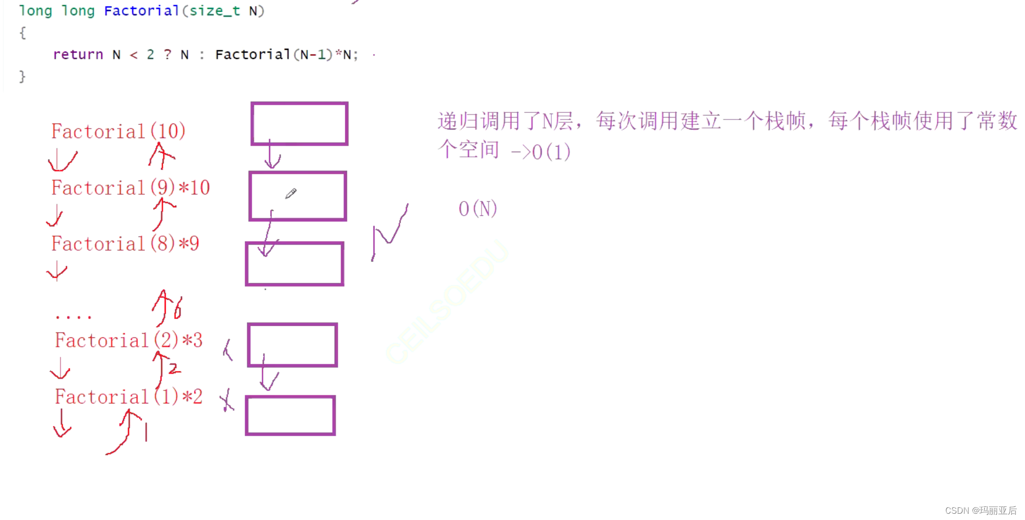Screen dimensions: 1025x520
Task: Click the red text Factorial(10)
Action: pyautogui.click(x=118, y=131)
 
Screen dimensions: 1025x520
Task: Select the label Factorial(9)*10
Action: pyautogui.click(x=130, y=188)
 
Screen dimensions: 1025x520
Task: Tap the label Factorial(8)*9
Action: pyautogui.click(x=125, y=244)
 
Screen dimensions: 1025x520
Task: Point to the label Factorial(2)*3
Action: pyautogui.click(x=129, y=341)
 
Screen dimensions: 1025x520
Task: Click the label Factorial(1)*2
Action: pyautogui.click(x=129, y=397)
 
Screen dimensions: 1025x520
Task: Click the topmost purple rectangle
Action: pyautogui.click(x=300, y=124)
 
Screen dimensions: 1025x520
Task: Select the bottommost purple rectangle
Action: pyautogui.click(x=290, y=416)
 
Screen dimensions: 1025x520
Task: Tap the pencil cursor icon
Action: pyautogui.click(x=291, y=194)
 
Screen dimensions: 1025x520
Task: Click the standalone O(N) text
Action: pyautogui.click(x=477, y=209)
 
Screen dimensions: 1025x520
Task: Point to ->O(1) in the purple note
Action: pyautogui.click(x=541, y=152)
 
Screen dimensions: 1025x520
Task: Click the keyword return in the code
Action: pyautogui.click(x=78, y=55)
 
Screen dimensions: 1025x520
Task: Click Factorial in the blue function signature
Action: pyautogui.click(x=142, y=11)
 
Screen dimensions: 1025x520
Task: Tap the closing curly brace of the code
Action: pyautogui.click(x=22, y=77)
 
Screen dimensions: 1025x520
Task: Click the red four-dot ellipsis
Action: pyautogui.click(x=73, y=316)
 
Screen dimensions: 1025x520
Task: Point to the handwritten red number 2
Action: pyautogui.click(x=174, y=368)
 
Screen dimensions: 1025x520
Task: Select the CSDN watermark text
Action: pyautogui.click(x=980, y=511)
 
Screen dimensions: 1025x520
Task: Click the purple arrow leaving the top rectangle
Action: pyautogui.click(x=272, y=155)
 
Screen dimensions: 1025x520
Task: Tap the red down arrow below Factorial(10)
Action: pyautogui.click(x=62, y=160)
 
